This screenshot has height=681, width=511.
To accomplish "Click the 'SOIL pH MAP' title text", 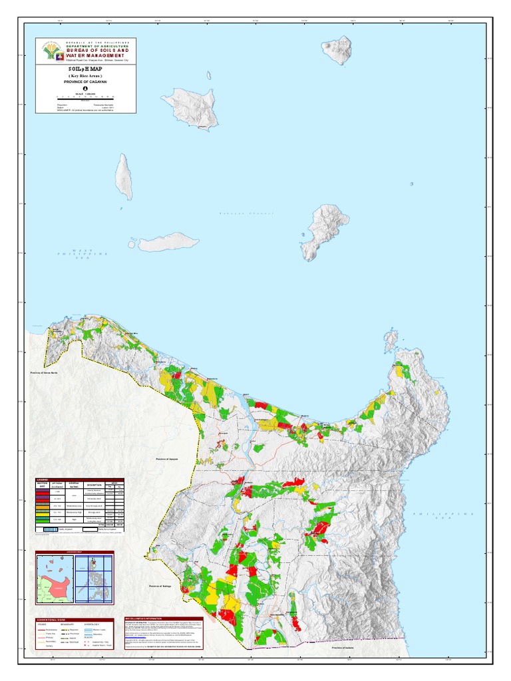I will pos(86,69).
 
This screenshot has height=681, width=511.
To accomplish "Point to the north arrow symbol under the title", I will pos(85,88).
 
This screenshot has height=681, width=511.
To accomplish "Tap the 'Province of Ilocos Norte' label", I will pos(47,372).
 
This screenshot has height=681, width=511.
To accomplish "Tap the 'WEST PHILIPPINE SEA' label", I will pos(82,254).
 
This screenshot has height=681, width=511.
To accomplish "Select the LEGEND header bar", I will pos(79,479).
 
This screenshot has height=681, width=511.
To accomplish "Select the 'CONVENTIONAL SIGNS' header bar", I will pos(79,619).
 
